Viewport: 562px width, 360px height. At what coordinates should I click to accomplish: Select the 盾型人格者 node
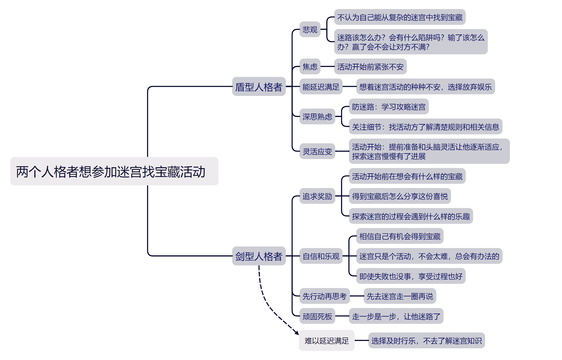(259, 87)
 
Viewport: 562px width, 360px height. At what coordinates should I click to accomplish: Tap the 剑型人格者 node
(259, 256)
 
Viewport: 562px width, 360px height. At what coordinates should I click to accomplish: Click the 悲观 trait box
(310, 30)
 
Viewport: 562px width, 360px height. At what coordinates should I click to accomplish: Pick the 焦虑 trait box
(310, 67)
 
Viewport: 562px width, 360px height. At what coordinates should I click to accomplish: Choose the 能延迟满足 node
(321, 87)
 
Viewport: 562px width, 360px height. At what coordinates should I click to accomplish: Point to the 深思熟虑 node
(317, 117)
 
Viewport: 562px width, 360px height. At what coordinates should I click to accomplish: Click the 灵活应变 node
(317, 151)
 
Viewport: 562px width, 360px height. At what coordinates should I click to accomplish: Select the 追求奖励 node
(317, 196)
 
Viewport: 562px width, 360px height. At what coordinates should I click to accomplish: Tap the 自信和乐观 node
(321, 256)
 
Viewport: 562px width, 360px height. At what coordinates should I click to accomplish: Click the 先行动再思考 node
(324, 296)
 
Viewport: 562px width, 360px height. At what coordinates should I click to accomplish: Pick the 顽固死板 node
(317, 316)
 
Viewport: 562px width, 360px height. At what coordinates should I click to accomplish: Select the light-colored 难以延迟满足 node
(326, 341)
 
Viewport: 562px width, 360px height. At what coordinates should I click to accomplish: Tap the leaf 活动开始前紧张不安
(370, 67)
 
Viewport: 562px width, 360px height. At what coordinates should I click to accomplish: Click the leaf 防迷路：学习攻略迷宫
(389, 107)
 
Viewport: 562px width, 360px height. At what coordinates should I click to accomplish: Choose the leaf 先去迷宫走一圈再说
(400, 296)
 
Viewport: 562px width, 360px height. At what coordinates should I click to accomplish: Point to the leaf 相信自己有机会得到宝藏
(400, 236)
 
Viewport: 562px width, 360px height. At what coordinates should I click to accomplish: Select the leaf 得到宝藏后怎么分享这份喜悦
(400, 196)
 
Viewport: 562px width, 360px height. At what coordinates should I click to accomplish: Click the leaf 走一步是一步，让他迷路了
(396, 316)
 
